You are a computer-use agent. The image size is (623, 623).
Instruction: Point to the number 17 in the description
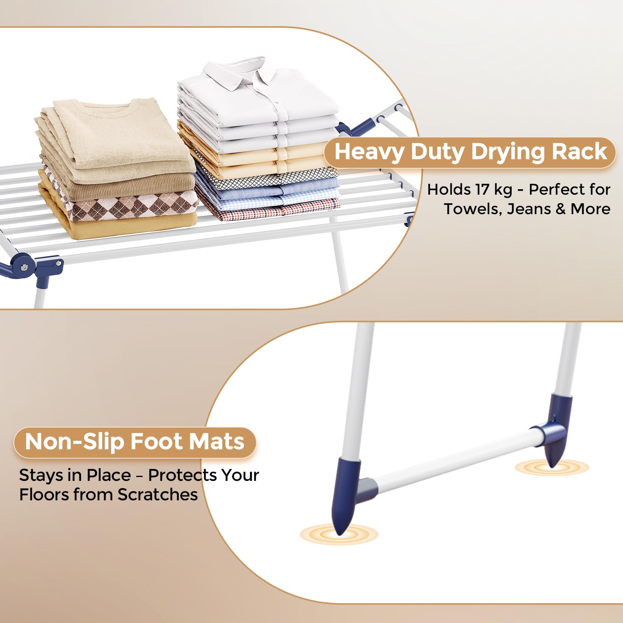click(482, 190)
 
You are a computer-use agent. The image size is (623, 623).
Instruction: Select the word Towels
click(473, 209)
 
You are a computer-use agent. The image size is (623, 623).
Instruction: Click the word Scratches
click(158, 495)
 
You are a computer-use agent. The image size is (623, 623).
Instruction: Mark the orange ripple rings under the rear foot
click(552, 467)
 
